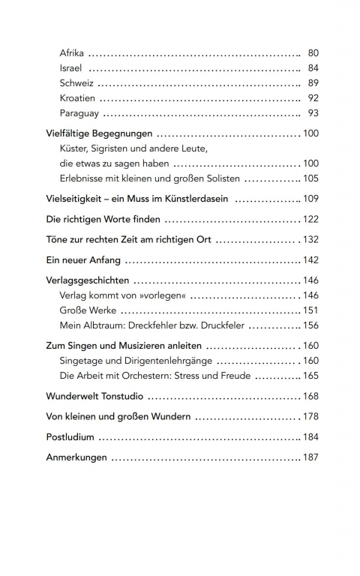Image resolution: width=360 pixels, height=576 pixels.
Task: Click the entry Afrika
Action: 71,53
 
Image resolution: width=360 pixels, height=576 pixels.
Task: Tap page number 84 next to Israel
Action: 313,68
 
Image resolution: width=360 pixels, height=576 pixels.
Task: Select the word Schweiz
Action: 76,83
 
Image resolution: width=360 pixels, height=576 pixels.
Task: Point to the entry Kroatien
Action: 76,98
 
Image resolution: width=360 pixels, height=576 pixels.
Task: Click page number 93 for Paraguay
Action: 313,113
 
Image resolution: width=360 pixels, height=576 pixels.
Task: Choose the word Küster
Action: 73,148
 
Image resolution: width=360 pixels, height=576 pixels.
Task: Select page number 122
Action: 310,219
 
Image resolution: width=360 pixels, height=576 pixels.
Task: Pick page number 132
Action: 310,239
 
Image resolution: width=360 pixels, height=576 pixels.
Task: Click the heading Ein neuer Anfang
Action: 82,259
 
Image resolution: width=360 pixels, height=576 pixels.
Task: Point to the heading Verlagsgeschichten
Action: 88,280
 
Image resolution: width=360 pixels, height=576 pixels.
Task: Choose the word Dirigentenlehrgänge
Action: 154,360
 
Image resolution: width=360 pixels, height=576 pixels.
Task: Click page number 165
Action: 310,375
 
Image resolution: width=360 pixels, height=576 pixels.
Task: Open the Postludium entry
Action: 70,436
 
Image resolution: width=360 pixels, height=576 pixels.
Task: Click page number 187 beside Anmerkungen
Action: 310,457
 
